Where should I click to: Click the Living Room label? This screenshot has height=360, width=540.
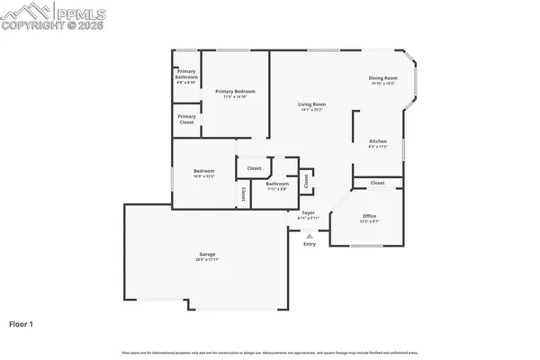click(x=312, y=104)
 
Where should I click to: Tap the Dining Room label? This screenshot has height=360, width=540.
click(x=382, y=78)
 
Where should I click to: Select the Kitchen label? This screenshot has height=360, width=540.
click(x=378, y=141)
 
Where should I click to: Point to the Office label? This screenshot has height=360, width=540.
click(x=369, y=216)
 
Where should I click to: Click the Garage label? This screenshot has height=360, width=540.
click(x=207, y=255)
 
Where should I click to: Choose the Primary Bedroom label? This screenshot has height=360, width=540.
click(x=235, y=91)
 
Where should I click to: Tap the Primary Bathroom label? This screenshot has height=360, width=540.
click(x=186, y=75)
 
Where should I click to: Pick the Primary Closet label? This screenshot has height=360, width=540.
click(x=186, y=119)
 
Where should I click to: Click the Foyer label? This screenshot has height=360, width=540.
click(x=309, y=213)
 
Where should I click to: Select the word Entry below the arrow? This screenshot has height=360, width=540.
click(x=310, y=244)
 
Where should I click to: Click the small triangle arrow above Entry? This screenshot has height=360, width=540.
click(x=310, y=236)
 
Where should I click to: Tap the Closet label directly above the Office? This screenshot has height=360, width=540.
click(x=377, y=183)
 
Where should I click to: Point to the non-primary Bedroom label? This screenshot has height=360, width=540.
click(x=203, y=171)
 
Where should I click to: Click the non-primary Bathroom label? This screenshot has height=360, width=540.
click(x=277, y=184)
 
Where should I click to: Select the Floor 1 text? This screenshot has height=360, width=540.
click(x=22, y=322)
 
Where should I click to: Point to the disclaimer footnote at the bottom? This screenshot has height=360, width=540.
click(x=270, y=351)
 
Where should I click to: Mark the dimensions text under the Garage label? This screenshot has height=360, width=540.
click(x=207, y=260)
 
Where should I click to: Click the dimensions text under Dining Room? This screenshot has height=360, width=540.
click(x=382, y=84)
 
